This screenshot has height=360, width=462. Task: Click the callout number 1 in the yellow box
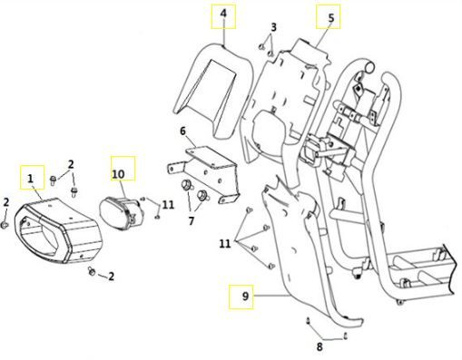[x=30, y=179]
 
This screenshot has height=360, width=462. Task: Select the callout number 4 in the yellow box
[x=223, y=14]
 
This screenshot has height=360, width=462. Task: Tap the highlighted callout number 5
[x=331, y=18]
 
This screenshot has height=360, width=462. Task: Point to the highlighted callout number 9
[x=245, y=296]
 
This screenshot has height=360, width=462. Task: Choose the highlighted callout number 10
[x=118, y=174]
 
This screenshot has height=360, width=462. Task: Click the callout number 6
[x=183, y=131]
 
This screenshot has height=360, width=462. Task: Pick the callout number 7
[x=191, y=221]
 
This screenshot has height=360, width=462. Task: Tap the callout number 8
[x=319, y=346]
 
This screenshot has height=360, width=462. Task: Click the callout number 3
[x=273, y=27]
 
